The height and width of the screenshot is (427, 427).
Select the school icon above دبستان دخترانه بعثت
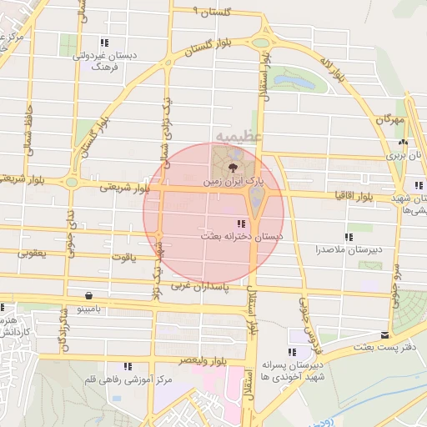241,224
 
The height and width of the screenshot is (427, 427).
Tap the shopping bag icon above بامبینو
88,295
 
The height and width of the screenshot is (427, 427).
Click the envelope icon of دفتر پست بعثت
384,334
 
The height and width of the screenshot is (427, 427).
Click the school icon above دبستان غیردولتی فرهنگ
103,42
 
